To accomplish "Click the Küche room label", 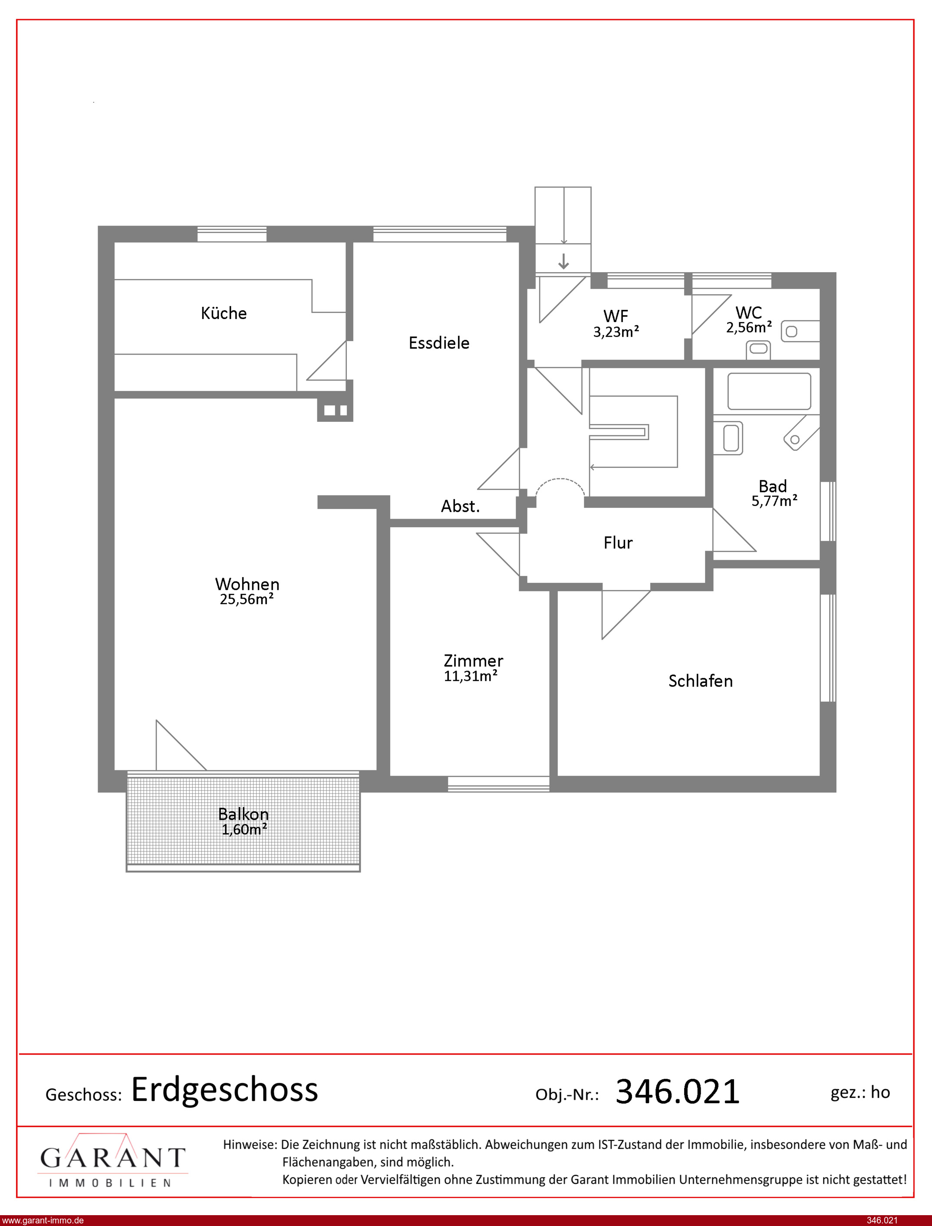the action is point(224,313).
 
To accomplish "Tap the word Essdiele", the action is point(439,343).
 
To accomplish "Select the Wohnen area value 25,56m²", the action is point(247,599).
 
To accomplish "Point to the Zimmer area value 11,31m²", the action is point(471,676).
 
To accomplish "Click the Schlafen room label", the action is point(700,681).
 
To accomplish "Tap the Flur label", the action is point(618,542).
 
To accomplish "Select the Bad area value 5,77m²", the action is point(774,501).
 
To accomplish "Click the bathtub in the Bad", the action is point(769,391).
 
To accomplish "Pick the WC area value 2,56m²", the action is point(749,328).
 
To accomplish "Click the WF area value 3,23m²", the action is point(616,332).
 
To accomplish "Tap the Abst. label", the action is point(460,506).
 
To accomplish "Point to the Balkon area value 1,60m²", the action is point(244,829).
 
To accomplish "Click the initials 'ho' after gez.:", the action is point(880,1092).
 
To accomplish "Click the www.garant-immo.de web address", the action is point(43,1220).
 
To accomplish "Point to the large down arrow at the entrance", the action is point(563,261).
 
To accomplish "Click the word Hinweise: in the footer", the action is point(250,1144).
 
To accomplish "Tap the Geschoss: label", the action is point(84,1095).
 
